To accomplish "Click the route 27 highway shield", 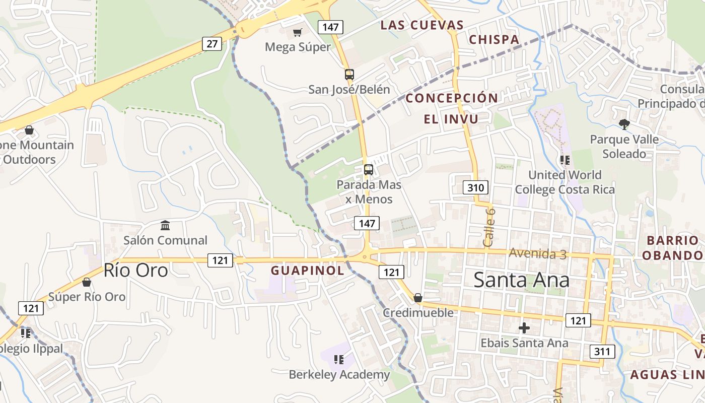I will coord(212,44).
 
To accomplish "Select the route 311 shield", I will coord(602,351).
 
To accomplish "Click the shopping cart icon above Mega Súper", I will coord(298,33).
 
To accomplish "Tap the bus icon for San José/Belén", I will coord(349,75).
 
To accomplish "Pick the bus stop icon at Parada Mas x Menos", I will coord(369,170).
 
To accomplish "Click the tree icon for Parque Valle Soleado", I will coord(624,124).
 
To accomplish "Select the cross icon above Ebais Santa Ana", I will coord(524,328).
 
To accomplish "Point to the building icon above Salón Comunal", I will coord(165,225).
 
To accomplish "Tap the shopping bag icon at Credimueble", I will coord(417,298).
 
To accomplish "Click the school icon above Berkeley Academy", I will coord(339,359).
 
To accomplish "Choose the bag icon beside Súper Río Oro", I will coord(87,282).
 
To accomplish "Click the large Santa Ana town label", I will coord(521,280).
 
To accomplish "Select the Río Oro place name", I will coord(135,271).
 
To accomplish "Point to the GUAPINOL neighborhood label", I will coord(308,271).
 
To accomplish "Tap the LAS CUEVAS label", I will coord(422,25).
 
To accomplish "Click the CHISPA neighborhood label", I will coord(494,39).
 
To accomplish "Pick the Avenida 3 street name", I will coord(537,253).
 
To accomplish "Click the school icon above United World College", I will coord(565,160).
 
